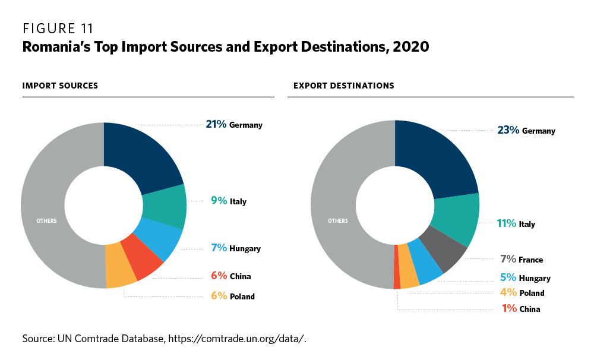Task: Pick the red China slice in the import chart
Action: click(141, 258)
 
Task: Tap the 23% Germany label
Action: click(526, 130)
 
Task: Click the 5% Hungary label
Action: click(525, 277)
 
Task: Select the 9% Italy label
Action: click(228, 201)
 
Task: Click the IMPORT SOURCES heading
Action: click(60, 86)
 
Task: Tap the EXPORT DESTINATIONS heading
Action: click(343, 86)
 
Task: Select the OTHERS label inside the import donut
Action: click(46, 221)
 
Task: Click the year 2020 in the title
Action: click(409, 46)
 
